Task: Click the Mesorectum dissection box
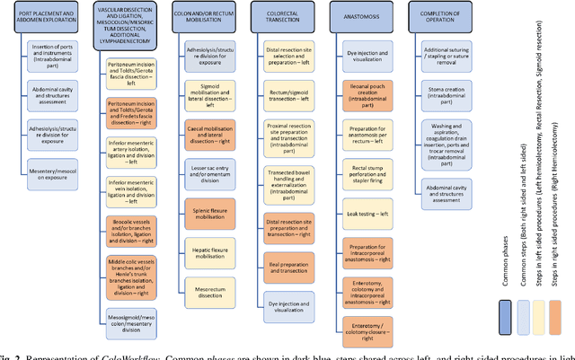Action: point(212,288)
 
